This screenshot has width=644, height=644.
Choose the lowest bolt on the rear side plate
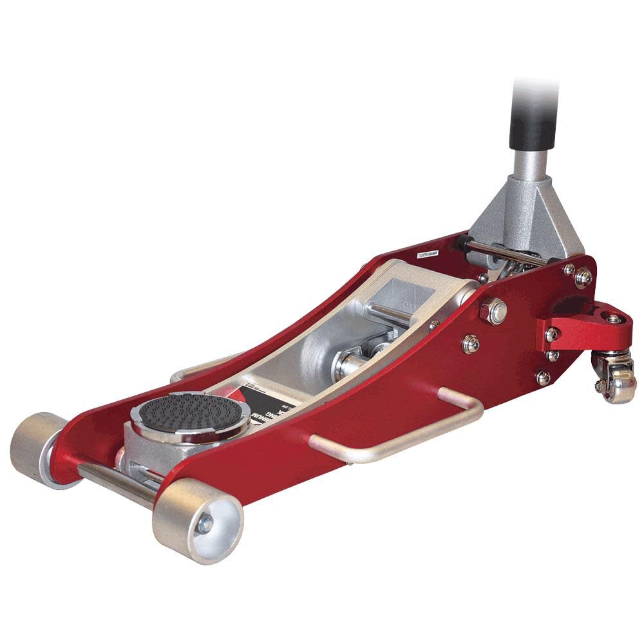tap(543, 378)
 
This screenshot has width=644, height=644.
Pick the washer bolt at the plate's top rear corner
tap(583, 278)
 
